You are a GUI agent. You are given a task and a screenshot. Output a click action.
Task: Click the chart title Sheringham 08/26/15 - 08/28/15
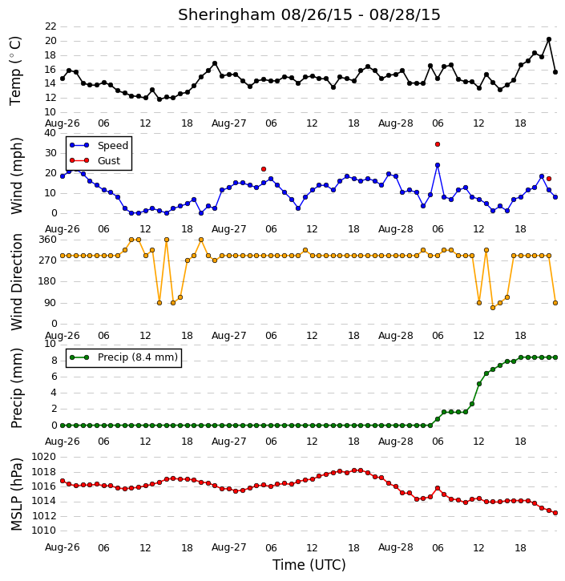(x=309, y=14)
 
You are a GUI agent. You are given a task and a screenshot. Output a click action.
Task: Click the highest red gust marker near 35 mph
(x=438, y=144)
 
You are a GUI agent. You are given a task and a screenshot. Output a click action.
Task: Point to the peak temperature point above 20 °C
(x=549, y=39)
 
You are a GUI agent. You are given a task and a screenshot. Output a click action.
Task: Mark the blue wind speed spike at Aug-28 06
(x=438, y=165)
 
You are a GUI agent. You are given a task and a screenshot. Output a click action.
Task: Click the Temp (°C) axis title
(x=15, y=71)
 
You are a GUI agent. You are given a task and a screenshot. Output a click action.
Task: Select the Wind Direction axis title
(x=16, y=282)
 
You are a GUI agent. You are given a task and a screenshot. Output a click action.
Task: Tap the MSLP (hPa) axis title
(x=16, y=494)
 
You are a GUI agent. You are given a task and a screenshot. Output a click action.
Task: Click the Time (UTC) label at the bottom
(x=309, y=565)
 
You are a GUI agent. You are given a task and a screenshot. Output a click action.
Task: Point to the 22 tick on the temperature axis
(x=50, y=26)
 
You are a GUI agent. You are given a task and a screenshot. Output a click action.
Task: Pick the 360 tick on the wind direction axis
(x=48, y=240)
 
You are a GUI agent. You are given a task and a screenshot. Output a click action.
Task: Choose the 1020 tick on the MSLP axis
(x=44, y=457)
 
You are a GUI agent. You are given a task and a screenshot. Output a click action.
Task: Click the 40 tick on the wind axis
(x=50, y=133)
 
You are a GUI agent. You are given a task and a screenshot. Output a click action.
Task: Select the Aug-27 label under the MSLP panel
(x=229, y=547)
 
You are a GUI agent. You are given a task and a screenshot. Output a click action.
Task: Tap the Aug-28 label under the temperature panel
(x=396, y=123)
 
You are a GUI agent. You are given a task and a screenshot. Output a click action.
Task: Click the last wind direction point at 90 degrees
(x=555, y=303)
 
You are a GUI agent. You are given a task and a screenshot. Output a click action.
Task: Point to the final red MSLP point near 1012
(x=555, y=513)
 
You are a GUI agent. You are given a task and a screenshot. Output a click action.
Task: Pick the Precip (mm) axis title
(x=16, y=389)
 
